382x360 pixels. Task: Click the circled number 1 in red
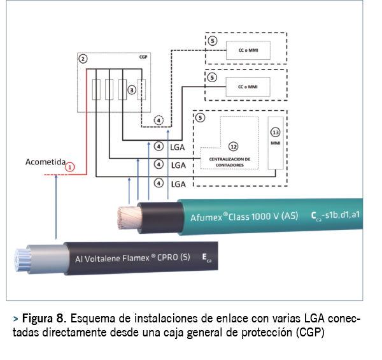pos(71,167)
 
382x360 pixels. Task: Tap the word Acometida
pos(46,162)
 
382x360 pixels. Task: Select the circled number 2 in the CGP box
pos(83,59)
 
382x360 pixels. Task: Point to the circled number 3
pos(132,90)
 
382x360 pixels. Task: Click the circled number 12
pos(234,148)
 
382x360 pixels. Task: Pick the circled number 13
pos(275,133)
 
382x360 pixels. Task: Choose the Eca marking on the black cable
pos(206,258)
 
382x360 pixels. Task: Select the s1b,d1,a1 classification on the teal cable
pos(343,215)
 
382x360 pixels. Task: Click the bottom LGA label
pos(178,184)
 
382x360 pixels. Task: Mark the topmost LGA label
pos(178,147)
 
